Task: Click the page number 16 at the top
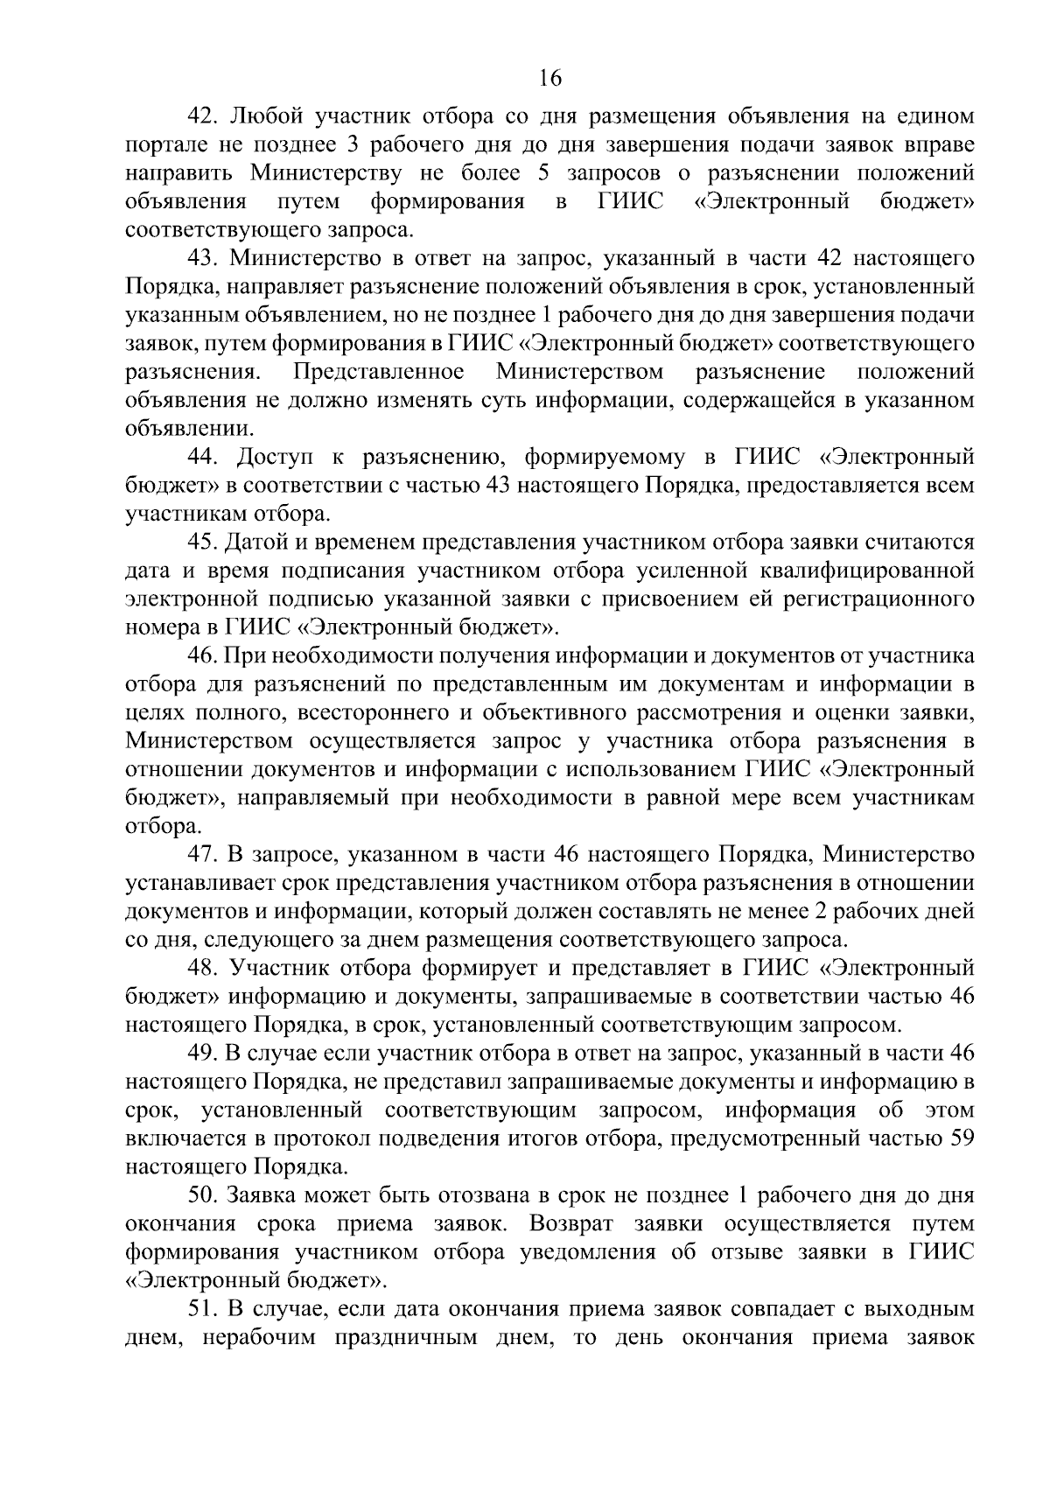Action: [549, 78]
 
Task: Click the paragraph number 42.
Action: [203, 116]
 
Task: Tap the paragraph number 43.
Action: [203, 258]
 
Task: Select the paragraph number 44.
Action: [203, 457]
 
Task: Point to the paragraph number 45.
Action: [203, 543]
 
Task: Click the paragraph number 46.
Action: [203, 656]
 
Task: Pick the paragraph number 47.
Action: [203, 853]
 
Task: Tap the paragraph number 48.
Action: [203, 968]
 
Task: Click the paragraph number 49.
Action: [203, 1054]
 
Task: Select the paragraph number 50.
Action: [203, 1195]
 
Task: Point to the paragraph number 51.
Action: [203, 1309]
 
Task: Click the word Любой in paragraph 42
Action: [267, 116]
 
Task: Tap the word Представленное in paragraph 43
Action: [379, 372]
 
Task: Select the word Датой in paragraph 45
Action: [259, 543]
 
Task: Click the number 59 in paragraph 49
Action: [960, 1138]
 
